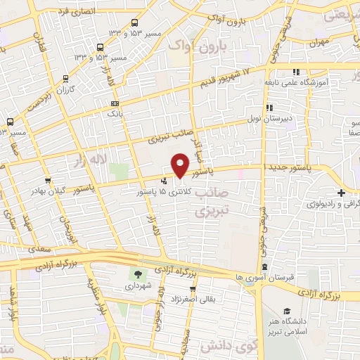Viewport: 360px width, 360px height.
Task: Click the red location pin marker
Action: [181, 166]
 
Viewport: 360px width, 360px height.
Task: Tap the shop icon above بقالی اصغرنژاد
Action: [191, 288]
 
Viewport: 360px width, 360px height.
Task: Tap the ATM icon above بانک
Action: [115, 103]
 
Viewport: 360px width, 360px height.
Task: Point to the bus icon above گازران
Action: [65, 79]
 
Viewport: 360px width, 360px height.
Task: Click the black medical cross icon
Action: [340, 193]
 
